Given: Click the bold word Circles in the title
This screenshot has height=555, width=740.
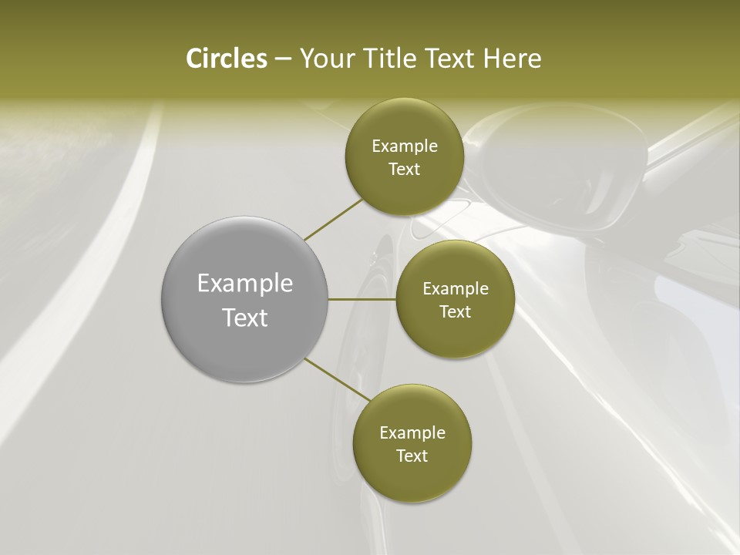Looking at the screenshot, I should (x=226, y=59).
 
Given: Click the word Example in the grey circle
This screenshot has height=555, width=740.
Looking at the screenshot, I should (x=245, y=284).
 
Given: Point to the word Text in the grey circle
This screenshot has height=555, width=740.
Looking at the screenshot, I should (x=245, y=318).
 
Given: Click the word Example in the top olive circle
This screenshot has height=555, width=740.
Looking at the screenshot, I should (x=405, y=146).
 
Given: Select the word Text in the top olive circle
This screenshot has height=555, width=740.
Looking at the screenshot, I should (x=405, y=170).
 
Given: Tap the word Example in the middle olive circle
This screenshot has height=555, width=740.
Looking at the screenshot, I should (x=456, y=289).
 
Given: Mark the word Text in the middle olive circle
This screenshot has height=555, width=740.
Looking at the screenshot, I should (x=456, y=312).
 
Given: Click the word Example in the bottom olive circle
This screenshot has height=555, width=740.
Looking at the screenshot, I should (x=412, y=433).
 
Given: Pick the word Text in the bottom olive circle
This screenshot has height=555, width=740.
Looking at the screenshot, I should (x=412, y=456).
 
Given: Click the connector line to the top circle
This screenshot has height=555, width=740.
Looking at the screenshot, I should (x=333, y=219).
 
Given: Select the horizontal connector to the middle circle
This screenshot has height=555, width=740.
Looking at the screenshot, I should (x=362, y=299).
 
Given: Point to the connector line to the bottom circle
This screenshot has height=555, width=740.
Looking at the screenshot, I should (x=337, y=378).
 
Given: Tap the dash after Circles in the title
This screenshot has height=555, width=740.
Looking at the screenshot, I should (x=282, y=59).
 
